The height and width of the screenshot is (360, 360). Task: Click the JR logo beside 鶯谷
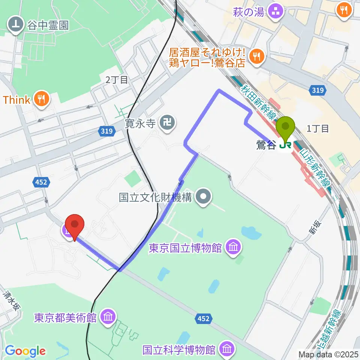click(x=286, y=144)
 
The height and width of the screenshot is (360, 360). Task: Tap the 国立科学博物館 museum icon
click(x=226, y=349)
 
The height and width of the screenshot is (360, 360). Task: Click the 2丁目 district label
click(x=117, y=79)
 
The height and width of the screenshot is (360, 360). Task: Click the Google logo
click(x=25, y=351)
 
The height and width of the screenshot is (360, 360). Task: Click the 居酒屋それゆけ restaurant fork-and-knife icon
click(x=257, y=57)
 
